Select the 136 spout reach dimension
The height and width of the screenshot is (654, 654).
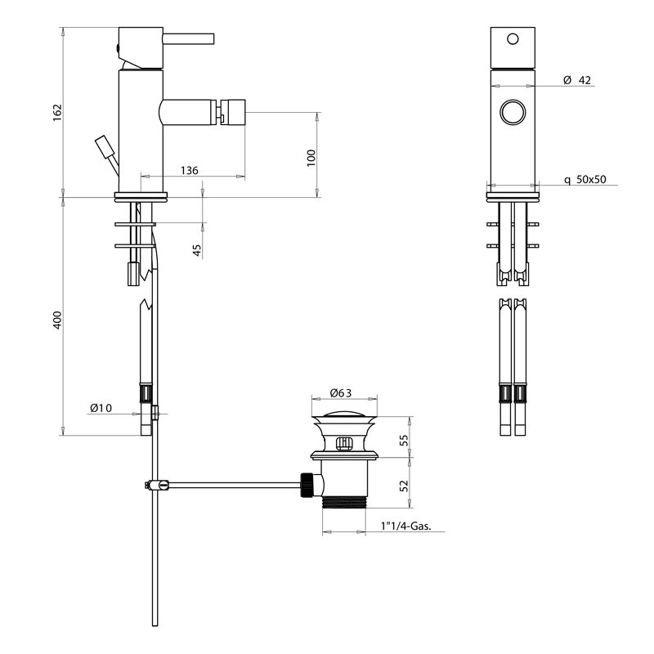[x=189, y=170]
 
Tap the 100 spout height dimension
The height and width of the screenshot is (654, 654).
[x=311, y=157]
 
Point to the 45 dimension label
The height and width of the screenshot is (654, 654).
[x=197, y=250]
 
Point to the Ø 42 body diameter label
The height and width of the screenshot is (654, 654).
[x=577, y=80]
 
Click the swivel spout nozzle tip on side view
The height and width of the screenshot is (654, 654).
[x=234, y=111]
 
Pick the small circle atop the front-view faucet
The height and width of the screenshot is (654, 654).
[x=513, y=39]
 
